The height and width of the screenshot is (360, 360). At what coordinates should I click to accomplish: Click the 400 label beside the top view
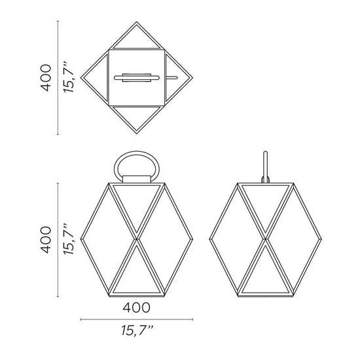click(x=46, y=78)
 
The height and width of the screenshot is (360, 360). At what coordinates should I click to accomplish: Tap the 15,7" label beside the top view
click(x=69, y=77)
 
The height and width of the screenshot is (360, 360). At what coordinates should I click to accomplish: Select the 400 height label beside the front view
click(x=46, y=240)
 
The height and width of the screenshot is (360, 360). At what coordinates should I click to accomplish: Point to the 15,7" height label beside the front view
click(x=69, y=239)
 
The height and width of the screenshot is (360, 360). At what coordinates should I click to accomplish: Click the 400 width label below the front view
click(x=137, y=308)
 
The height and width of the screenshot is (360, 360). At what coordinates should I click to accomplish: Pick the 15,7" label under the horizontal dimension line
click(x=137, y=331)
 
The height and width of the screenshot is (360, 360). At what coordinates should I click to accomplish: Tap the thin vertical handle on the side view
click(x=265, y=166)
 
